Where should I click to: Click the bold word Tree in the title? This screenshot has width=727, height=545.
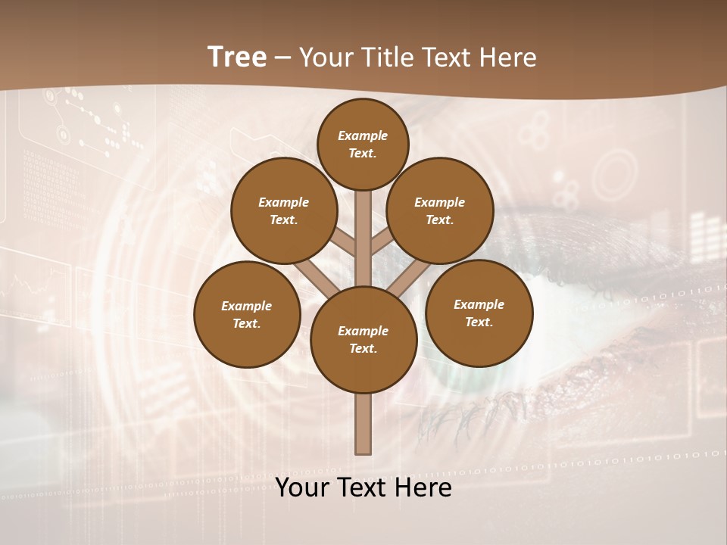tap(237, 57)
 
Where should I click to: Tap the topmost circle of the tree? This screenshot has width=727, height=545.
tap(363, 144)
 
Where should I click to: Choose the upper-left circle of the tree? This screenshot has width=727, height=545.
tap(283, 210)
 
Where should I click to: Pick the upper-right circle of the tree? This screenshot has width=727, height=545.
tap(439, 210)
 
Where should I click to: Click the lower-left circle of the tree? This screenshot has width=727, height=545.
tap(246, 314)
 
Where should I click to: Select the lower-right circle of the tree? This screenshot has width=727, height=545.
tap(479, 313)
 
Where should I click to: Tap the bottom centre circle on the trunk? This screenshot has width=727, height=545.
tap(363, 339)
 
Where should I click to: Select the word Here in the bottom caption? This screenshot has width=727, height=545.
tap(425, 487)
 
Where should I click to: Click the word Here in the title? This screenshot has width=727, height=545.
tap(511, 57)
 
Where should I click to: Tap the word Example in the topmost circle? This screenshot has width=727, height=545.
tap(363, 135)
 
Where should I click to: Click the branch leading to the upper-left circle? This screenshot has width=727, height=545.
tap(343, 241)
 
